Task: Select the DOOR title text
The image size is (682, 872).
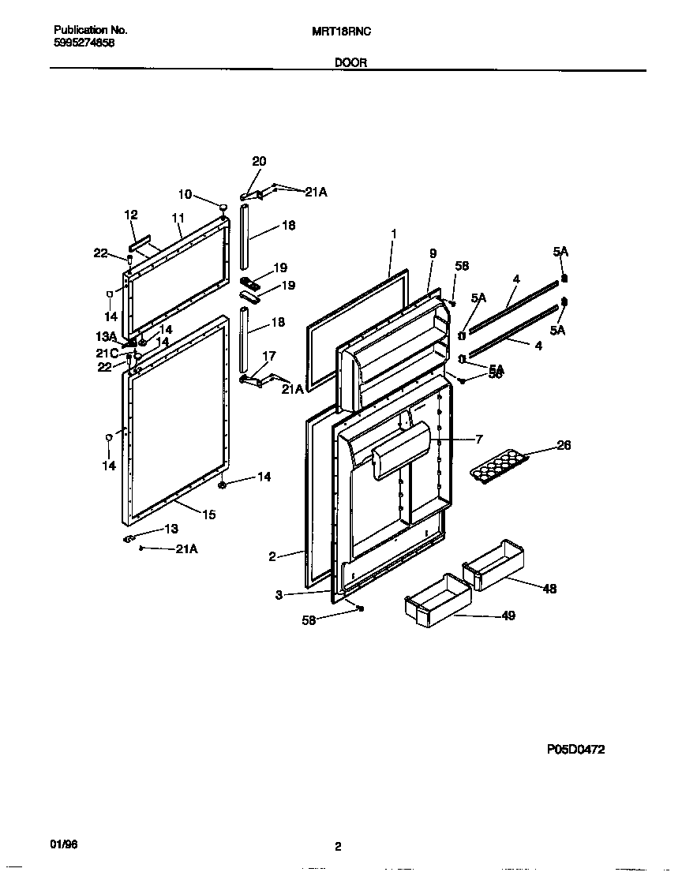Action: [350, 62]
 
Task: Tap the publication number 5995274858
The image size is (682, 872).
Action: [84, 43]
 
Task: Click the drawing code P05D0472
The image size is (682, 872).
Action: [576, 750]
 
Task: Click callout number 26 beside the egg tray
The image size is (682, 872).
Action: [564, 445]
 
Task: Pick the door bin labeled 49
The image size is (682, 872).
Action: [436, 600]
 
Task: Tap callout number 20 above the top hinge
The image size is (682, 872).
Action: [259, 161]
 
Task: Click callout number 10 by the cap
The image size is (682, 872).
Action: [185, 194]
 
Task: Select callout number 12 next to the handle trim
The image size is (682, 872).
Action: [131, 215]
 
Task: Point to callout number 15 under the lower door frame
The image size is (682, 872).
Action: [209, 515]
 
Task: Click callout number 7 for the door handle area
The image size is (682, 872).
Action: [478, 439]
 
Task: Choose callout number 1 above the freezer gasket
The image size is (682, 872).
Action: [393, 234]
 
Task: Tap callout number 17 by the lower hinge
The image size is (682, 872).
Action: [269, 356]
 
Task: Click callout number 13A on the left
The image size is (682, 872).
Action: [107, 337]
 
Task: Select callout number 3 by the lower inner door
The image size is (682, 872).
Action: [279, 595]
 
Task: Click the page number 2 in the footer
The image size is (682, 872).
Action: [337, 847]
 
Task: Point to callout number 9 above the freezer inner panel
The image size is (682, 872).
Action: [433, 253]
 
